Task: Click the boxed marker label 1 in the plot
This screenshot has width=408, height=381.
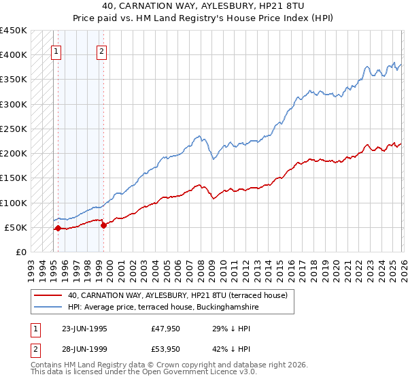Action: point(56,50)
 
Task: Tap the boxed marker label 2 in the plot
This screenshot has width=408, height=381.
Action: point(101,50)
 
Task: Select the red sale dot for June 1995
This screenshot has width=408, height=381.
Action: point(58,229)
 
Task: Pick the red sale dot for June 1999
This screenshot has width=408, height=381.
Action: point(103,226)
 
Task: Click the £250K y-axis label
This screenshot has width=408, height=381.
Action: point(14,129)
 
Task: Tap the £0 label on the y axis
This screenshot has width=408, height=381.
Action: point(21,252)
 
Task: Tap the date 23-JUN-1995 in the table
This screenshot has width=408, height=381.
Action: point(84,328)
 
